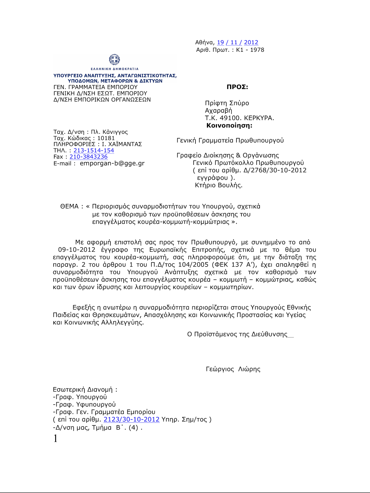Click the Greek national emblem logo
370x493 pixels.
coord(114,59)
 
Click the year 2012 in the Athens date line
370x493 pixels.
coord(251,43)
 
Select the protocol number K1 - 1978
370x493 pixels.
coord(250,50)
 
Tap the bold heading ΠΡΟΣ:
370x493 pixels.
coord(237,87)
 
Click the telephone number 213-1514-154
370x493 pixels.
coord(94,150)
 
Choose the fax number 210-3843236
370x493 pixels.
coord(88,157)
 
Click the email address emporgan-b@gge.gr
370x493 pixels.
coord(112,163)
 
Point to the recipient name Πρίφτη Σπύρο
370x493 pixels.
coord(227,103)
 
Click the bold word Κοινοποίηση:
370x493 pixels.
coord(229,125)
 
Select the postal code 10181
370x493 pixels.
coord(106,138)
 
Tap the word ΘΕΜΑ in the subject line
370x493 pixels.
coord(70,206)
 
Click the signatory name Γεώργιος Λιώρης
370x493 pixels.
coord(233,369)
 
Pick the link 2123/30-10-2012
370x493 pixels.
coord(132,419)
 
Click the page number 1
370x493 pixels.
coord(55,438)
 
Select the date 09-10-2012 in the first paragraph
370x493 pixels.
coord(77,250)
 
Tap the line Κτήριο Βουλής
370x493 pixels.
coord(219,185)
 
